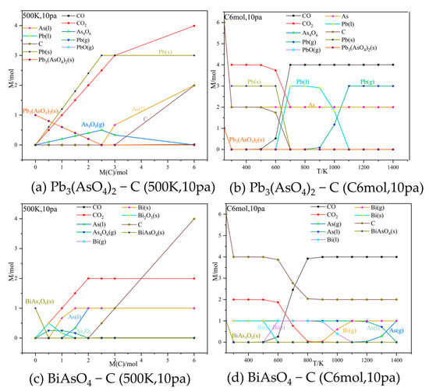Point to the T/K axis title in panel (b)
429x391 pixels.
pos(323,173)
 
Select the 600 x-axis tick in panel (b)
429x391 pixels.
pos(275,166)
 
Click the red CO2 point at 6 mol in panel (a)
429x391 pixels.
pos(193,26)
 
